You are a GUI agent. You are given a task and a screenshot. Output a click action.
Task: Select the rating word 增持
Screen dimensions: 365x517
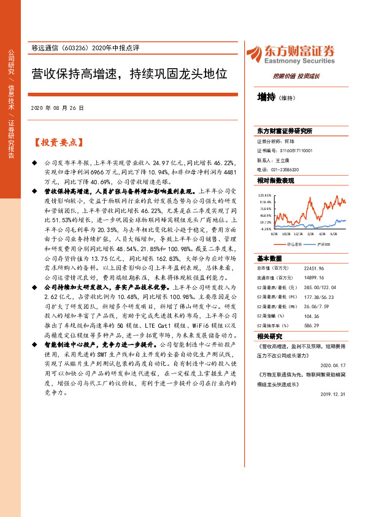pos(266,96)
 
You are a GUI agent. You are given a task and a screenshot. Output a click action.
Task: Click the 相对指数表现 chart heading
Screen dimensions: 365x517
pos(275,181)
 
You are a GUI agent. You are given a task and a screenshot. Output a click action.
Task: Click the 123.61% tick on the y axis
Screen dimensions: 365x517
pos(265,195)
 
